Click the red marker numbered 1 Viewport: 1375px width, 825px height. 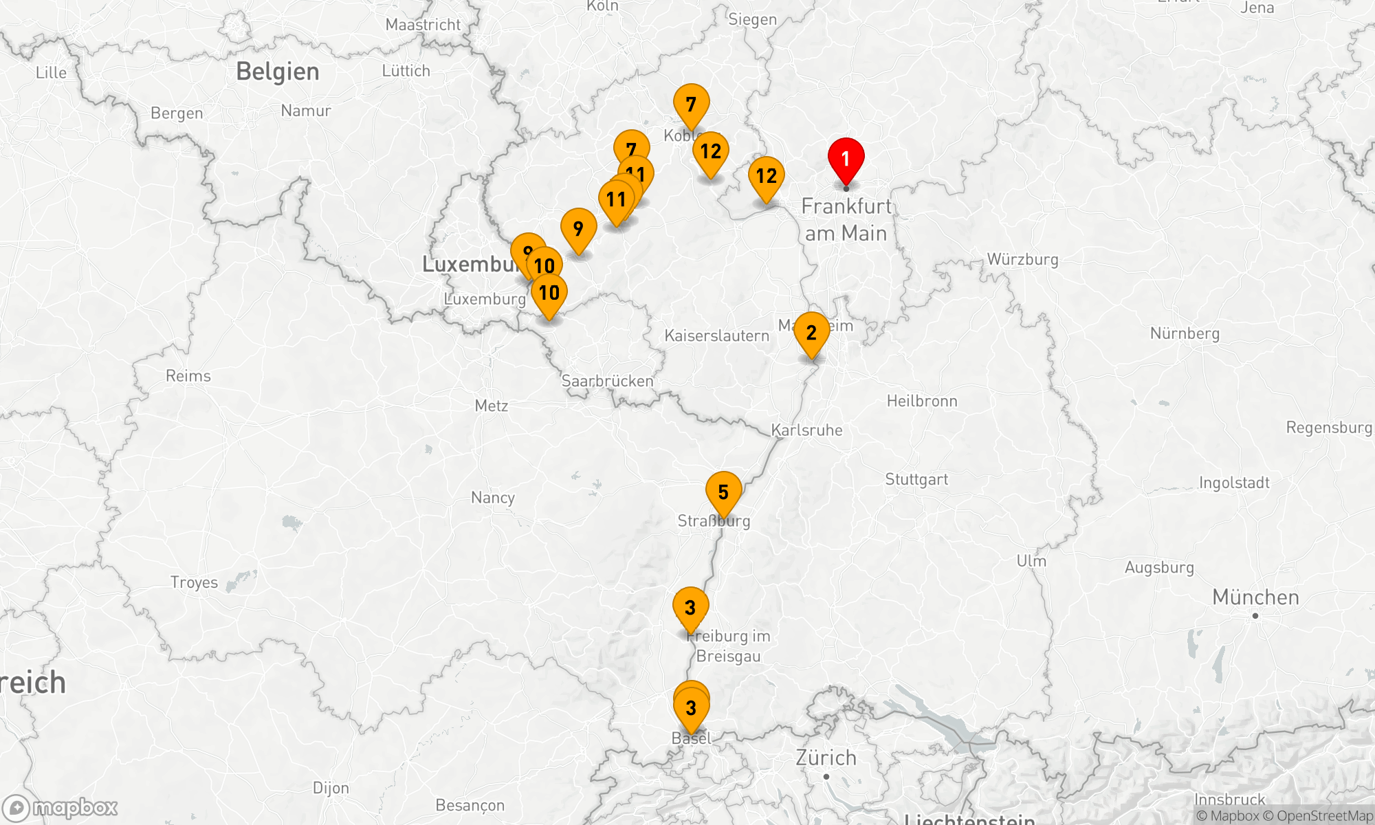point(846,159)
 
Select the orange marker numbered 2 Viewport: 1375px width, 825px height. point(811,333)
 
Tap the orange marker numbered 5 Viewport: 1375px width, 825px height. point(723,492)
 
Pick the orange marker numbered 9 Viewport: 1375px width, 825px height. point(578,229)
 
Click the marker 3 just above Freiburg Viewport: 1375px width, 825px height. point(690,608)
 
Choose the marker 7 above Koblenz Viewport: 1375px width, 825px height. point(691,104)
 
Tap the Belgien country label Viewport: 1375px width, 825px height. point(278,71)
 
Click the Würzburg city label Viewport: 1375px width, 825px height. point(1022,259)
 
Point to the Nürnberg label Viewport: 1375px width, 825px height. point(1185,333)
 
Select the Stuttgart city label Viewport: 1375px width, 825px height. point(916,479)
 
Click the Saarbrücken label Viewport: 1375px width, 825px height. point(607,381)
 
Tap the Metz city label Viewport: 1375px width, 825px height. point(492,406)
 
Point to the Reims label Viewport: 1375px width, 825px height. point(188,376)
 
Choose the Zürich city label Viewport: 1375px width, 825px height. point(826,758)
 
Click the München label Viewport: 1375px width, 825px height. point(1255,597)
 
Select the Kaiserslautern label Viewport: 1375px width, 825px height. point(716,335)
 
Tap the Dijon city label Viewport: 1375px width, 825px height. point(331,788)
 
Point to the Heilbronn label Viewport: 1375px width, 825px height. point(922,401)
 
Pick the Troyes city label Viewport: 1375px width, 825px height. point(194,582)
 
